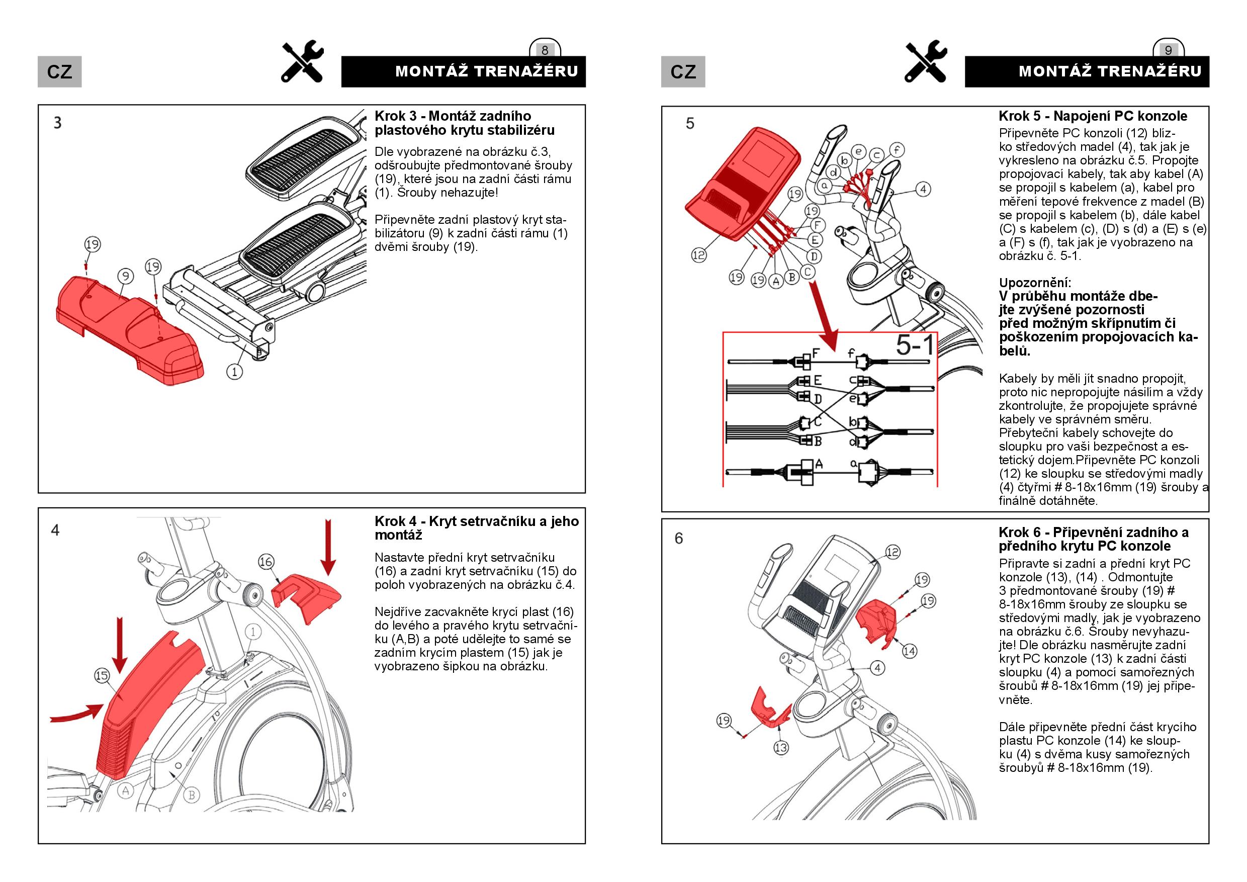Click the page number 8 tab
point(545,50)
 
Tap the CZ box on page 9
point(683,72)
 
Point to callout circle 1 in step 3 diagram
point(235,372)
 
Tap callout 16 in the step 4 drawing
point(266,562)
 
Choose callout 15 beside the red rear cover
point(102,676)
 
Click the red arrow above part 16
point(327,546)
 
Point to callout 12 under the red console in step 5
point(698,255)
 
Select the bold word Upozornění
point(1035,283)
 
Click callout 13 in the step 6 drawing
point(780,748)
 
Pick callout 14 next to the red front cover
point(909,651)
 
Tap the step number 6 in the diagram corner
point(679,538)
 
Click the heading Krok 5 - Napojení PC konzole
point(1092,116)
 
